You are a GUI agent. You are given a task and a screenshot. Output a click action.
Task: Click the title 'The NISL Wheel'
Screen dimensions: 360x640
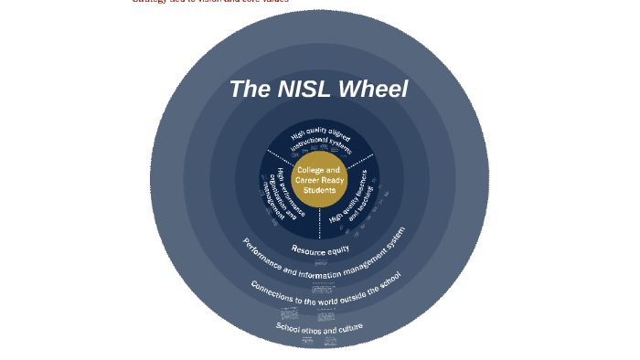(318, 90)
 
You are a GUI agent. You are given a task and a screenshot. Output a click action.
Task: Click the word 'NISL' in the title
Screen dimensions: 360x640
(302, 90)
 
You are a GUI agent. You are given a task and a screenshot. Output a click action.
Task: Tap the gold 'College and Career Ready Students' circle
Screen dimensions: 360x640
(319, 179)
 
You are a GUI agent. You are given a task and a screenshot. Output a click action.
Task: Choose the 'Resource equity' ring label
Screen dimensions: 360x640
(320, 249)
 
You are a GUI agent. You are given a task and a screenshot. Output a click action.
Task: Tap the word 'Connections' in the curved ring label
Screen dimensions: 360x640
(272, 291)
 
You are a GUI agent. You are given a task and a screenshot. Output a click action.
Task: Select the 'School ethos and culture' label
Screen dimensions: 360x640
(320, 326)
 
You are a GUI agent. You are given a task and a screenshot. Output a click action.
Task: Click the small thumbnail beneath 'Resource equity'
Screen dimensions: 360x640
(320, 262)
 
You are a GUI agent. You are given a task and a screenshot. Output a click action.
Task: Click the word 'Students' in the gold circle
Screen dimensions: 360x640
(319, 190)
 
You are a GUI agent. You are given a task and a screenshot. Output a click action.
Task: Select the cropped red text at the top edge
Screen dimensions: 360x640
(210, 2)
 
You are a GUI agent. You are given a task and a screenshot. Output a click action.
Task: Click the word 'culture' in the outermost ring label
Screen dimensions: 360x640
(348, 325)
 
